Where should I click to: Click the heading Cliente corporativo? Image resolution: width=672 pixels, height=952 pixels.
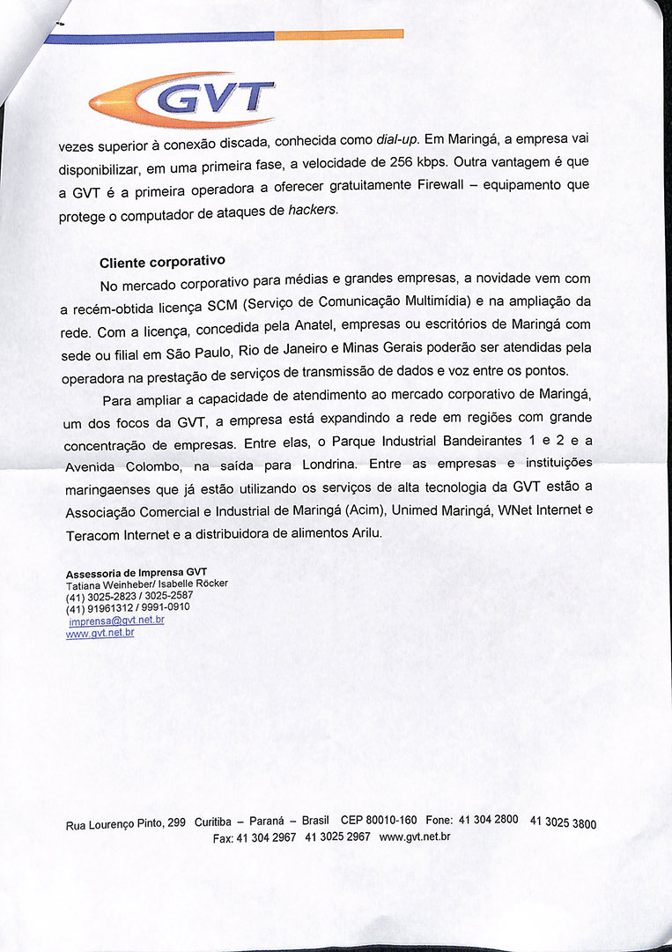tap(162, 262)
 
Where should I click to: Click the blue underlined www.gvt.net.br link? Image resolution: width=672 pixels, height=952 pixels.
tap(100, 634)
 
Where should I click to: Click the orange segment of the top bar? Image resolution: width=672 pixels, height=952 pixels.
tap(339, 34)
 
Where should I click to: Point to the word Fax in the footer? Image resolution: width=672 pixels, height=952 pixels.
tap(222, 838)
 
